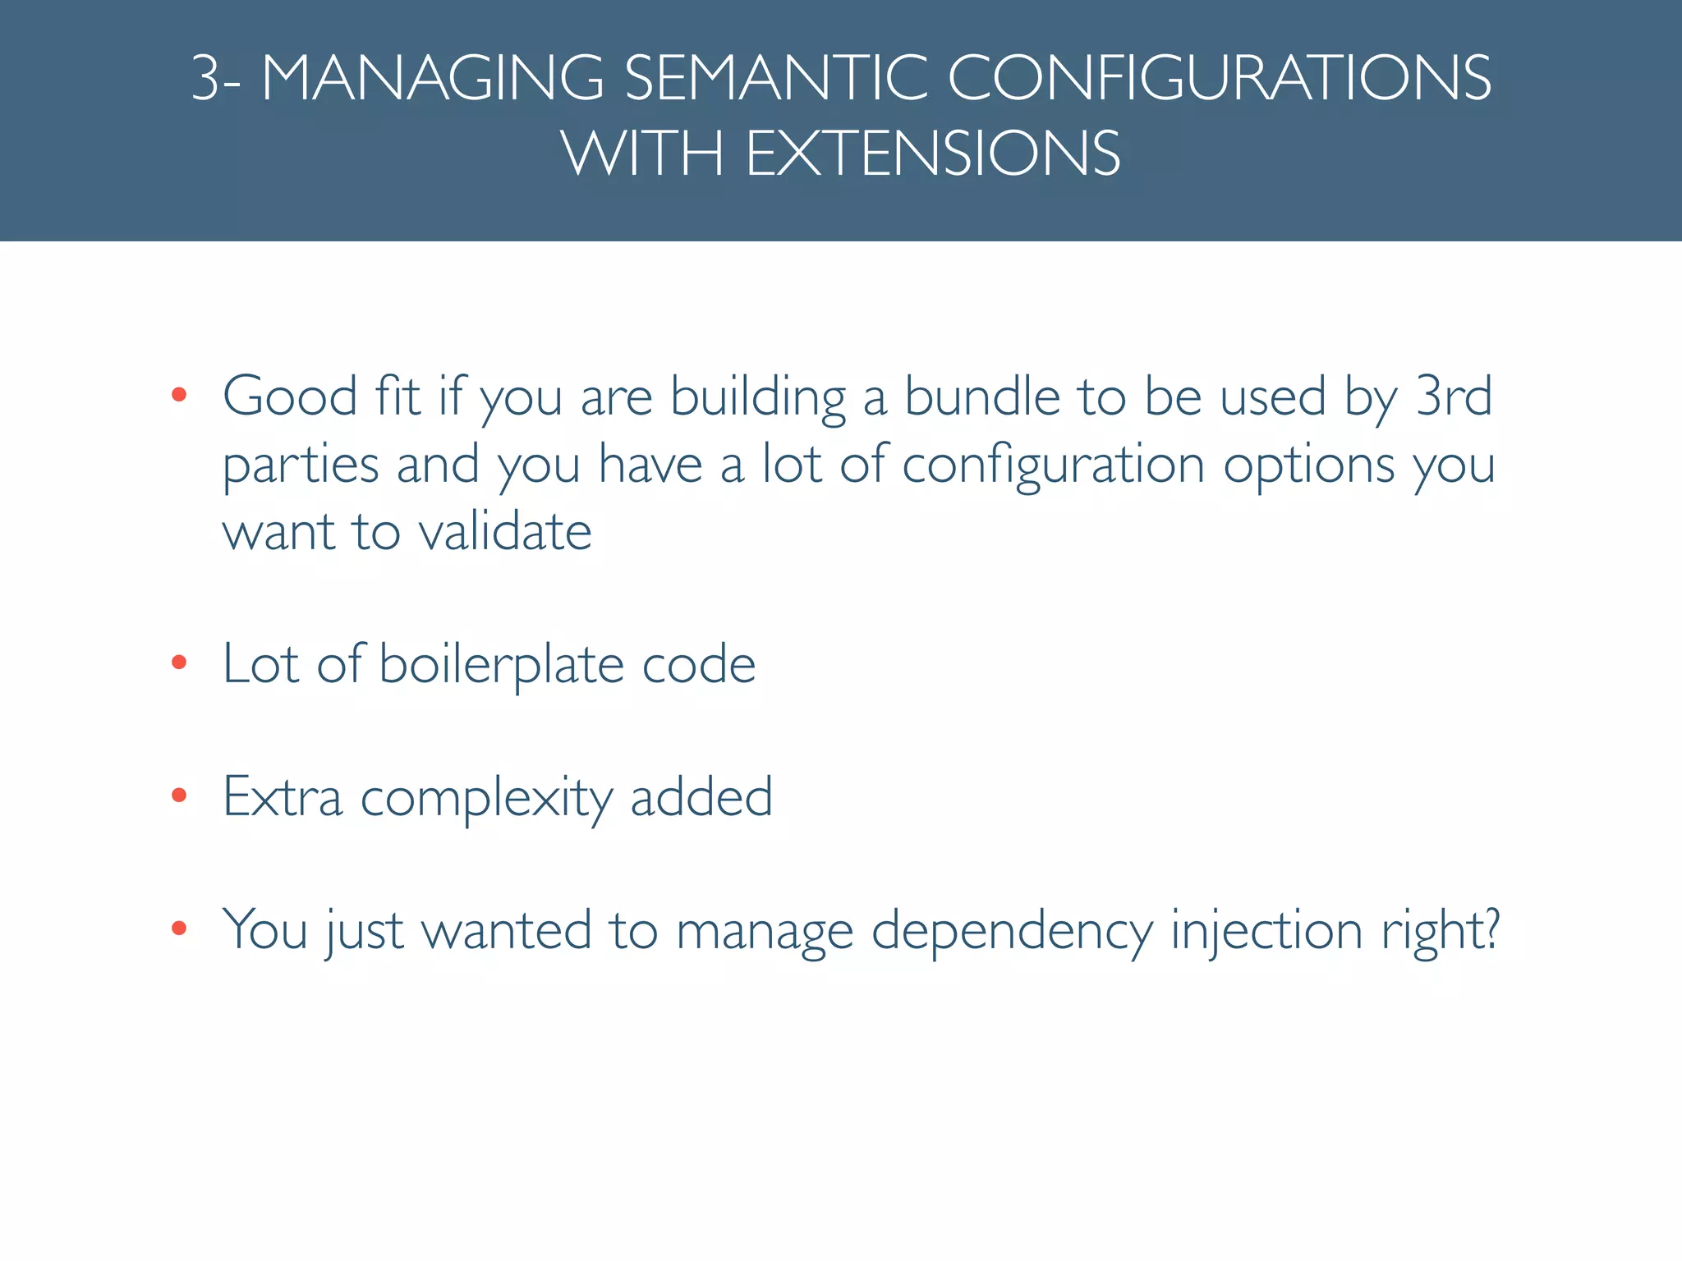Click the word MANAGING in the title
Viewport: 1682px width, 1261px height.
click(x=433, y=79)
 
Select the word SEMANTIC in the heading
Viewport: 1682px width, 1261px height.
click(x=774, y=79)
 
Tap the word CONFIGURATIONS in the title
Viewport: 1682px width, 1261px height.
click(x=1219, y=79)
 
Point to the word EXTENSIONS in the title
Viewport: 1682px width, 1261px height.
click(x=932, y=154)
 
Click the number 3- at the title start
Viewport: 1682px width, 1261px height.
click(x=216, y=79)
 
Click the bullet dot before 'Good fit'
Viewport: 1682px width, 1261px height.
click(x=179, y=396)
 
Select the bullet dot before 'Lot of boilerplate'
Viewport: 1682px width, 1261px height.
click(x=179, y=663)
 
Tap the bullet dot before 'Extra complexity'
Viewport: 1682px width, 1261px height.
click(x=179, y=796)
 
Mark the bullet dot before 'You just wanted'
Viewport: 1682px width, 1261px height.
click(x=179, y=929)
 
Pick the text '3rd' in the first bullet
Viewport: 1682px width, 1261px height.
click(x=1454, y=397)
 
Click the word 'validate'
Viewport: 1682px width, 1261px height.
click(x=505, y=532)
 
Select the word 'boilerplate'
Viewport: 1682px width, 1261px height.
click(x=501, y=665)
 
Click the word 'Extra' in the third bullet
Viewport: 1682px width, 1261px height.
click(x=282, y=797)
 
